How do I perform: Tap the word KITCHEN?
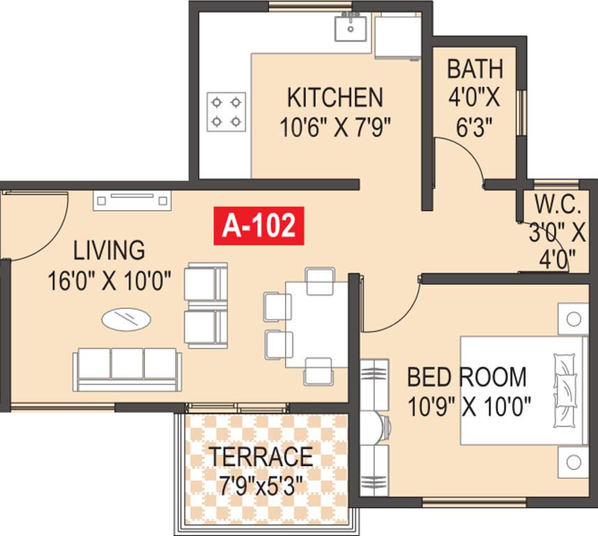point(335,96)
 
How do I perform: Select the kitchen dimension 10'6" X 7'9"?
point(335,127)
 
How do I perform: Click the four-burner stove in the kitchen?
point(227,112)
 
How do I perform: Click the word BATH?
point(475,69)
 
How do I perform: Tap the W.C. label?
point(558,204)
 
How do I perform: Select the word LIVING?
point(109,249)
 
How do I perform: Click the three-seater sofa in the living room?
point(127,368)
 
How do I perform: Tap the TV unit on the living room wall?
point(133,201)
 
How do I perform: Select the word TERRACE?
point(261,456)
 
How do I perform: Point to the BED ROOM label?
point(467,377)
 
